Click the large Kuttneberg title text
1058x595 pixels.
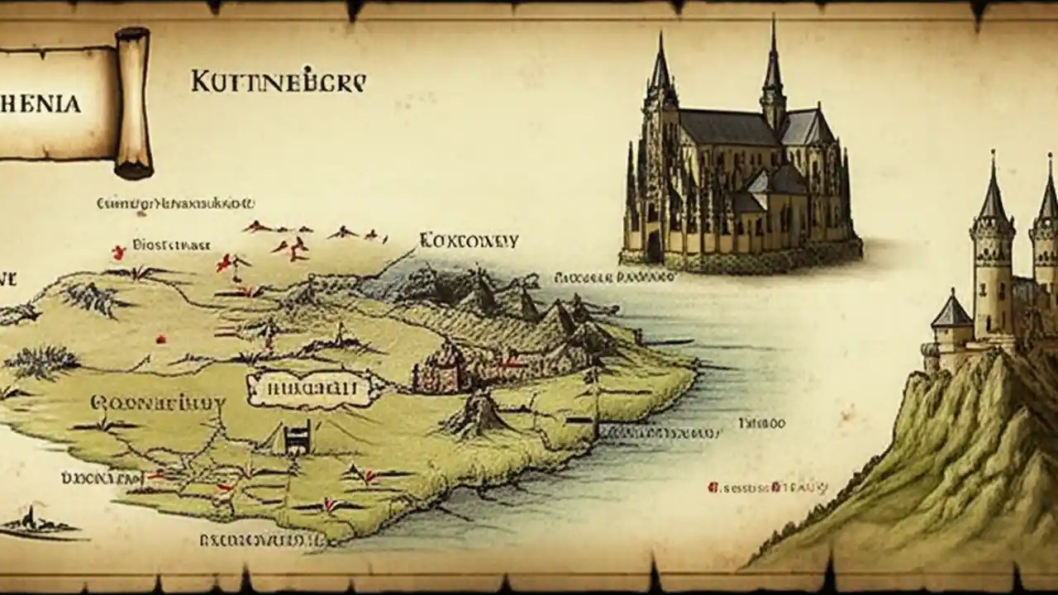tap(278, 83)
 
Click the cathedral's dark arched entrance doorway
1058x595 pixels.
tap(655, 245)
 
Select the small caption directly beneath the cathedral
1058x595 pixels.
tap(612, 278)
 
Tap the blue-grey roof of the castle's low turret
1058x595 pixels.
tap(951, 312)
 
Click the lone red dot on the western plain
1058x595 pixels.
tap(161, 338)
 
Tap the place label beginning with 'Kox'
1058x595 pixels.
tap(469, 240)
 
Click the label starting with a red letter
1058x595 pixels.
tap(767, 488)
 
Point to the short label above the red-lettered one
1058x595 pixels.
tap(761, 423)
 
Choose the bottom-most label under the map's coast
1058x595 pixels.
tap(262, 540)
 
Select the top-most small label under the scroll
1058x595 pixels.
tap(175, 202)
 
